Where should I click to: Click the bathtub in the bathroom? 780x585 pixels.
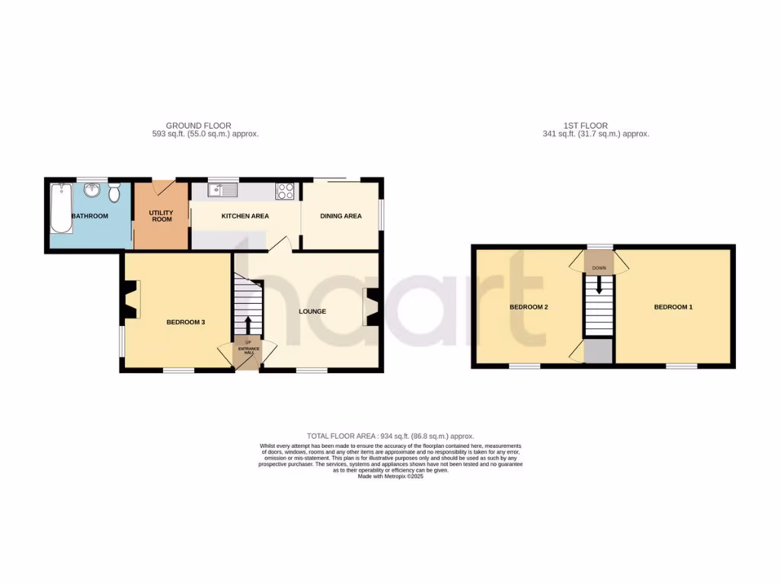60,207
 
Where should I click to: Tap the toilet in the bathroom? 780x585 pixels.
114,193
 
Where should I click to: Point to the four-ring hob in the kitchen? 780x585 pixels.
286,191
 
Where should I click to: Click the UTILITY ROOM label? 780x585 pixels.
161,216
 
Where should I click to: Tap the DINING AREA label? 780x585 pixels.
340,216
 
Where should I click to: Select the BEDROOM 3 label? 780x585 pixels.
186,322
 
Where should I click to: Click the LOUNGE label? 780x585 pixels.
312,312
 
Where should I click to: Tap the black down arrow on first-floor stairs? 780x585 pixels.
599,284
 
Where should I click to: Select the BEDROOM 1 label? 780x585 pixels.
673,307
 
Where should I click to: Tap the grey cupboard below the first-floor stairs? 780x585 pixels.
599,351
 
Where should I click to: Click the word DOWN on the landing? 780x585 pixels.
599,268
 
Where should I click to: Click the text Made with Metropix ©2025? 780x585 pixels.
390,476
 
